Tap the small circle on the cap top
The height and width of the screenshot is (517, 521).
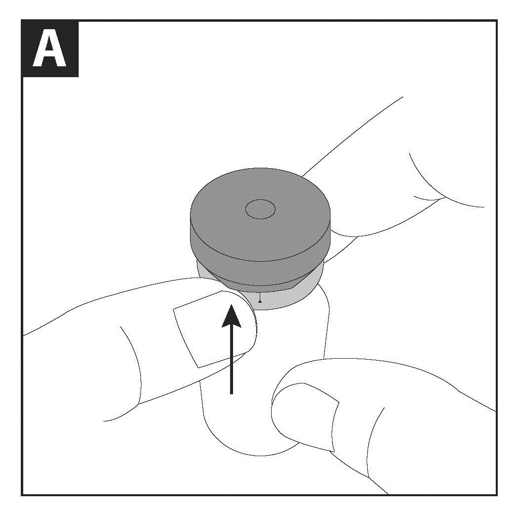pyautogui.click(x=260, y=209)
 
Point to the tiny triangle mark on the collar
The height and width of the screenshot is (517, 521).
pyautogui.click(x=260, y=301)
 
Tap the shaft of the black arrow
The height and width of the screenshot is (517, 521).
pyautogui.click(x=231, y=361)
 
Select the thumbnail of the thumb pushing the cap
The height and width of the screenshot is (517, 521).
pyautogui.click(x=213, y=329)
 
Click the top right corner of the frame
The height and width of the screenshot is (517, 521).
pyautogui.click(x=497, y=21)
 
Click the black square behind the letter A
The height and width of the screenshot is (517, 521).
pyautogui.click(x=50, y=49)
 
